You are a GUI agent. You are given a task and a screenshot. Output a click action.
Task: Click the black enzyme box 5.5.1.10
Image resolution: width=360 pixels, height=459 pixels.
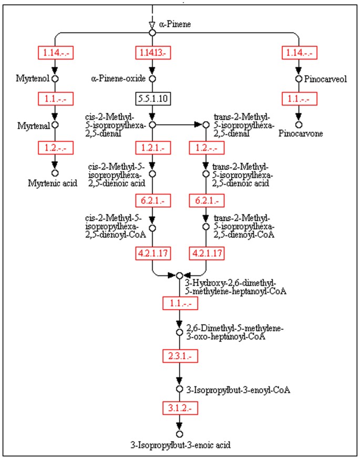(x=152, y=98)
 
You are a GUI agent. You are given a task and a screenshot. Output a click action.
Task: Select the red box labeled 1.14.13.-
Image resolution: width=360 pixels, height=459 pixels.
(x=152, y=53)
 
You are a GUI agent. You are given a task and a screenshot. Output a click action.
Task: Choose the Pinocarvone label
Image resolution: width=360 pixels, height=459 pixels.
(x=299, y=134)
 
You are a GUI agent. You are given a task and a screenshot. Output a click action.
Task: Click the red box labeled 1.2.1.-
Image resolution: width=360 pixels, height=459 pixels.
(x=152, y=148)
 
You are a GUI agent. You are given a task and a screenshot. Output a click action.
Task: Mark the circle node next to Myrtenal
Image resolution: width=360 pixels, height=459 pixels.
(x=54, y=125)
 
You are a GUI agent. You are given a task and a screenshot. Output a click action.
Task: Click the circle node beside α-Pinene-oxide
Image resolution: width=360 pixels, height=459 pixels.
(x=152, y=79)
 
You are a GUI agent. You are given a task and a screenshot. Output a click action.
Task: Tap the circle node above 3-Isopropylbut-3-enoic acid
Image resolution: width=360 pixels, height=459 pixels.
(x=179, y=434)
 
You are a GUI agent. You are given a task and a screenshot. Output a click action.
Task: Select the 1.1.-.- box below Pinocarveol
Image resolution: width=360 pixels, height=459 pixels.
(x=299, y=98)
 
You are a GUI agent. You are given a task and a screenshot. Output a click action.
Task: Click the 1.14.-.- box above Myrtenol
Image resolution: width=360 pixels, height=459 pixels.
(x=54, y=53)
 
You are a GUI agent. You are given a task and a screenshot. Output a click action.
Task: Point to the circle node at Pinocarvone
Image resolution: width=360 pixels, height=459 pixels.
(x=299, y=125)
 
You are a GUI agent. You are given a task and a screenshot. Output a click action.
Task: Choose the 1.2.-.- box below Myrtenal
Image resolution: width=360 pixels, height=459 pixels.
(x=54, y=148)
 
